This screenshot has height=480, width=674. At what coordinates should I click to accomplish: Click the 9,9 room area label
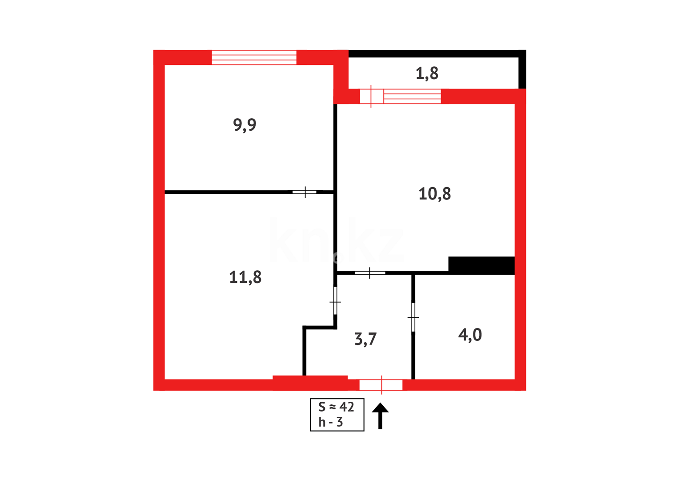245,125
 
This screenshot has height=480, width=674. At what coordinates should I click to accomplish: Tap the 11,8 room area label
245,278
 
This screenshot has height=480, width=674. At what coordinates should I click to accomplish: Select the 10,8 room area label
434,194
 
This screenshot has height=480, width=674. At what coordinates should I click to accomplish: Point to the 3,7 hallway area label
365,339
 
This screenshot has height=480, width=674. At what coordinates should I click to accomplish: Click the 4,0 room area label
470,335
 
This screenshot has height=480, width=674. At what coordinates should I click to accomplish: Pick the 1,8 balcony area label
427,73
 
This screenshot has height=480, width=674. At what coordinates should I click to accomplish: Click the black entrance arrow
380,416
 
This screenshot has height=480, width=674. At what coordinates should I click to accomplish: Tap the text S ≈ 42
337,407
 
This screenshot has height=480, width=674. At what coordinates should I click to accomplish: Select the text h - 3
331,422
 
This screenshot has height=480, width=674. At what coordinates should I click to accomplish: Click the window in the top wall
254,58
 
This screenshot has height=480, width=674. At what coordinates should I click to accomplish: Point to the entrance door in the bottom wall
381,385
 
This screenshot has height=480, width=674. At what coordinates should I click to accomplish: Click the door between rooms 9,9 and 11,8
305,192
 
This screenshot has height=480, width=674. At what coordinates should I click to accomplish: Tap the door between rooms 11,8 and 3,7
335,301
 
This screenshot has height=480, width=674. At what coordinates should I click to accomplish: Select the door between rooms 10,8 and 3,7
370,272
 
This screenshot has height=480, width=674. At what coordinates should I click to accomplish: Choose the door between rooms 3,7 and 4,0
413,317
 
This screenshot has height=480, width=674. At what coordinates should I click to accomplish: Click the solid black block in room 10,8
481,265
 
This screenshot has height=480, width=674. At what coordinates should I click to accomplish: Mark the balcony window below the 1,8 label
412,96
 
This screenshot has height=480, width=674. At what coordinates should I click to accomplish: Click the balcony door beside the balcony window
371,96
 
